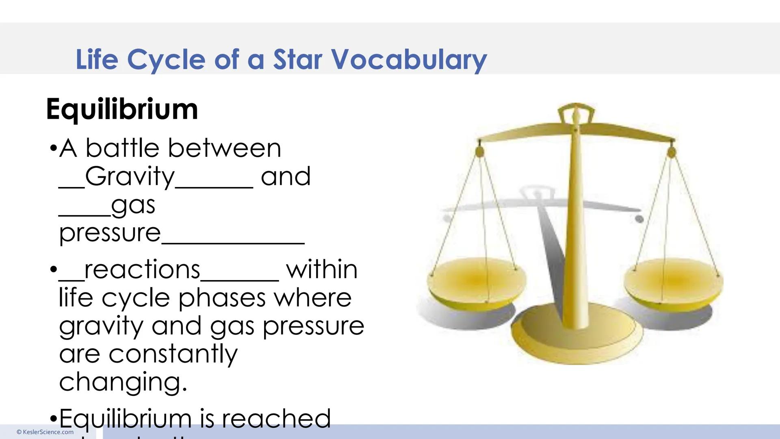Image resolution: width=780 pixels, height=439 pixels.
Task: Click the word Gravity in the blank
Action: pyautogui.click(x=130, y=177)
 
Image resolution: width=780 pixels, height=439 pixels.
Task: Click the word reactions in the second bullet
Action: pyautogui.click(x=142, y=269)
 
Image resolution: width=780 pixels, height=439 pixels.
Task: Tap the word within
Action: pyautogui.click(x=322, y=269)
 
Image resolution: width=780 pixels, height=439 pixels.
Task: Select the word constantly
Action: pyautogui.click(x=173, y=354)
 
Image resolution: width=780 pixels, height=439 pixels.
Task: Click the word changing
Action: pyautogui.click(x=123, y=382)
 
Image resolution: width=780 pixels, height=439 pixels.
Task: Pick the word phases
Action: pyautogui.click(x=222, y=298)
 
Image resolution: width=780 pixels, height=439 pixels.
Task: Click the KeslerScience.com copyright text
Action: pyautogui.click(x=45, y=432)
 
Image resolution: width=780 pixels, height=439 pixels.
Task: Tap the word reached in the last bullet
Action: pyautogui.click(x=276, y=418)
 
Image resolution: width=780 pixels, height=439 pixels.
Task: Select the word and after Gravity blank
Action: pyautogui.click(x=286, y=177)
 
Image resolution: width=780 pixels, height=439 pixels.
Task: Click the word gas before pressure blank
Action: pyautogui.click(x=133, y=206)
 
